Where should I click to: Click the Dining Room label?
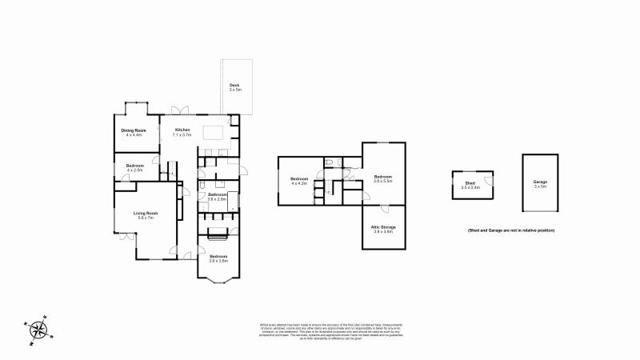coord(134,130)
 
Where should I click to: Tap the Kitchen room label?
coord(182,130)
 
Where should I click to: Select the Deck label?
coord(234,85)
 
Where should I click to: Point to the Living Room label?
coord(146,213)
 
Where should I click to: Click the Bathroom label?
coord(218,194)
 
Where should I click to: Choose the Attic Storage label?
coord(383,227)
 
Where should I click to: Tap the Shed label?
coord(470,183)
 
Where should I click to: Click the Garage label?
coord(541,182)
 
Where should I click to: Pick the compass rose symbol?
coord(38,330)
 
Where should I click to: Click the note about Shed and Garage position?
coord(511,230)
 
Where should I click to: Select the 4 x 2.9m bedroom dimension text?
coord(134,170)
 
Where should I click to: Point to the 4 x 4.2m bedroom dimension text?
coord(299,183)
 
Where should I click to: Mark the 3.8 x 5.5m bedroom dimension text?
coord(383,182)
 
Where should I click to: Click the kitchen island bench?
coord(213,132)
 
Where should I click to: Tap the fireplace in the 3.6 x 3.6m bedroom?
coord(218,234)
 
